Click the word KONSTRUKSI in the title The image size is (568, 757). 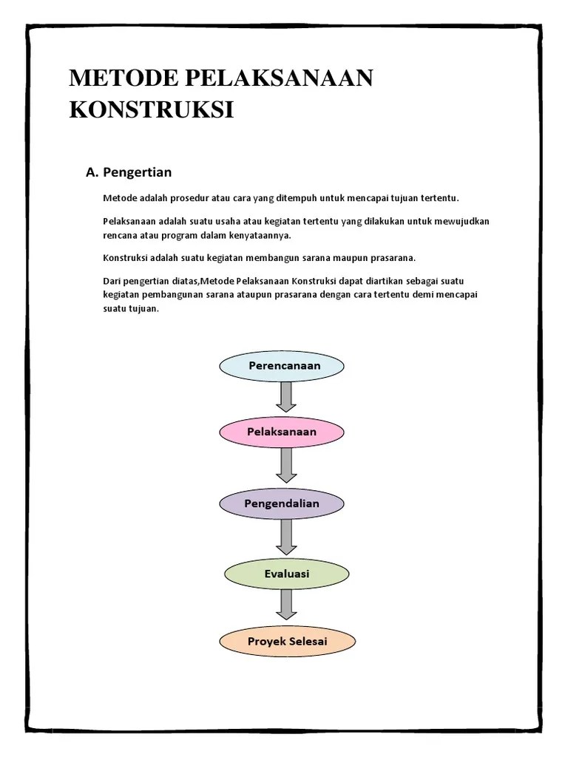click(x=151, y=109)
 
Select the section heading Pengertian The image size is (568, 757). click(x=138, y=172)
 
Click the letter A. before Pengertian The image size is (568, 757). click(x=92, y=172)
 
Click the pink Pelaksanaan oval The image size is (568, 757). click(x=282, y=432)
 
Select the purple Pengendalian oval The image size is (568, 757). click(x=282, y=503)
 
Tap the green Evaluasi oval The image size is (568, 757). click(x=286, y=574)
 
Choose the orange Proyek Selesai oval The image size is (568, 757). click(x=288, y=641)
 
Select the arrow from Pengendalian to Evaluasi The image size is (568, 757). click(x=286, y=538)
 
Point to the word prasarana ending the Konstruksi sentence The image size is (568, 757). click(x=396, y=257)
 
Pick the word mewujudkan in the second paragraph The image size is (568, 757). click(x=464, y=221)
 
